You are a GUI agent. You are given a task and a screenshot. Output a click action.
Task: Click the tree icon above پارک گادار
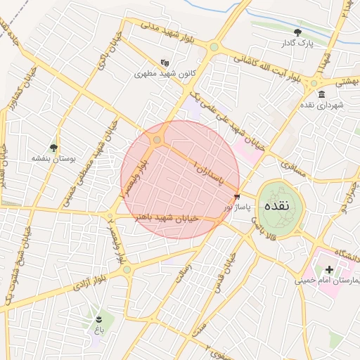tap(298, 32)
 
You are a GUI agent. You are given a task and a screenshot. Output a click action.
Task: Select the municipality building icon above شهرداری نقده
tap(321, 94)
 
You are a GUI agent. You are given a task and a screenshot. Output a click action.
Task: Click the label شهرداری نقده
tap(321, 105)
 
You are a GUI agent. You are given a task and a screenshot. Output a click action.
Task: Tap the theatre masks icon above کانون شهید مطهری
tap(165, 62)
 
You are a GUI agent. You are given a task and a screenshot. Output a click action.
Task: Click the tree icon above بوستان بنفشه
tap(53, 148)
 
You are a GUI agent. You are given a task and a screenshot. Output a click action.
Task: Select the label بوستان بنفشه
tap(53, 159)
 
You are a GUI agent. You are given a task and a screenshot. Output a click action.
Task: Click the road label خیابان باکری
tap(103, 53)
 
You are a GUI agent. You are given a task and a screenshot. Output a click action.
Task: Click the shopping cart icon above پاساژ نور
tap(236, 197)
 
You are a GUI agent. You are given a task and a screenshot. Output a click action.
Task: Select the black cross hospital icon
tap(329, 270)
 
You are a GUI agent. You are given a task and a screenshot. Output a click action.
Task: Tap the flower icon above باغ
tap(99, 317)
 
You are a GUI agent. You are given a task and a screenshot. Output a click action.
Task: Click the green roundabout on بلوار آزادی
tap(127, 269)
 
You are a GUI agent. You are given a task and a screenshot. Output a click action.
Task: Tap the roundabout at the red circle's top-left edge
tap(157, 140)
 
